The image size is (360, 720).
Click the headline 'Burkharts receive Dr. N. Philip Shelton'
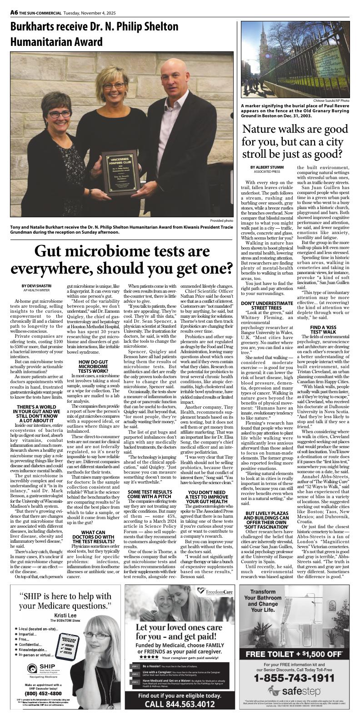click(x=95, y=27)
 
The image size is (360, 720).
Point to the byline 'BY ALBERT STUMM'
click(x=266, y=167)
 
